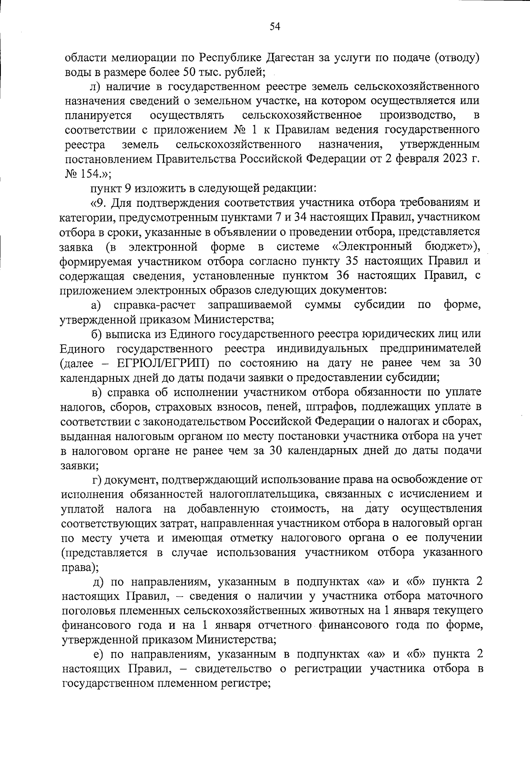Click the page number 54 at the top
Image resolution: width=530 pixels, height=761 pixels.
275,27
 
